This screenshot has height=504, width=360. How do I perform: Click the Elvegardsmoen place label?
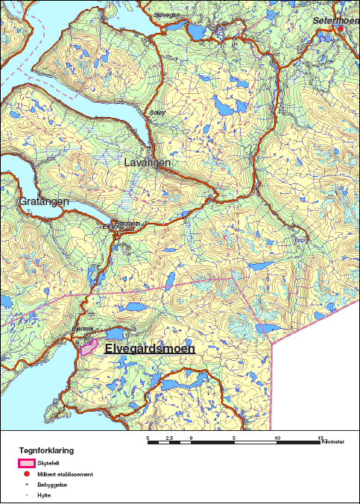coord(149,348)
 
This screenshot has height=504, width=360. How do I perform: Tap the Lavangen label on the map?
coord(147,163)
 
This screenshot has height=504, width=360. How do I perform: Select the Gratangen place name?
coord(44,201)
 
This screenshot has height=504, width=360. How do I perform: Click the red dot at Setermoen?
coord(341,28)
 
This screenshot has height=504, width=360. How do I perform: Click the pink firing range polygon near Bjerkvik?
coord(89,346)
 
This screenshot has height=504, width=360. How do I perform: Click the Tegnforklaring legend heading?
coord(46,451)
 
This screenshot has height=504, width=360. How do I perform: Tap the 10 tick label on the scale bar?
coord(277,438)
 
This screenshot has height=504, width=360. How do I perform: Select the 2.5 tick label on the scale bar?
coord(170,438)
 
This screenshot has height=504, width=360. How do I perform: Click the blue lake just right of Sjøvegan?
coord(195,31)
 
